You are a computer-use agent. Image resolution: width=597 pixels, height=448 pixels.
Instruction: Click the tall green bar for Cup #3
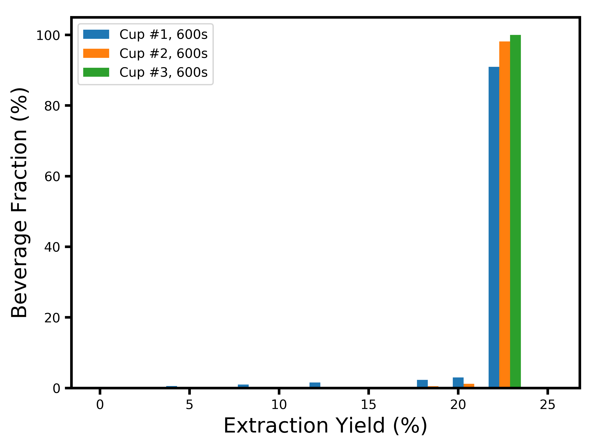coord(515,211)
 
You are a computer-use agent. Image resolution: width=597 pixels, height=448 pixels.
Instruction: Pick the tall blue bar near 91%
coord(494,227)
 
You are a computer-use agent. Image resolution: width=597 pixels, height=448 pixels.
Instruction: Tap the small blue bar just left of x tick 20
coord(458,382)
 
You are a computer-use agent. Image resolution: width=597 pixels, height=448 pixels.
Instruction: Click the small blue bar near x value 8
coord(243,386)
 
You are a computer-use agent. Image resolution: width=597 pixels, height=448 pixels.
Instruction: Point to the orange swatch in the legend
coord(96,53)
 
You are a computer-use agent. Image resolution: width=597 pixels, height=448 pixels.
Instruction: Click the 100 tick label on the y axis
coord(48,36)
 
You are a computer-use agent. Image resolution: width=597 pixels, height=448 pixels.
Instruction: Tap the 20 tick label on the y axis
coord(52,318)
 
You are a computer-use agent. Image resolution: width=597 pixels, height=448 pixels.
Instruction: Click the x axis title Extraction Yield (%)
coord(325,426)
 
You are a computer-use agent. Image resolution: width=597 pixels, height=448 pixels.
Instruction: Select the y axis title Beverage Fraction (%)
coord(19,203)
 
